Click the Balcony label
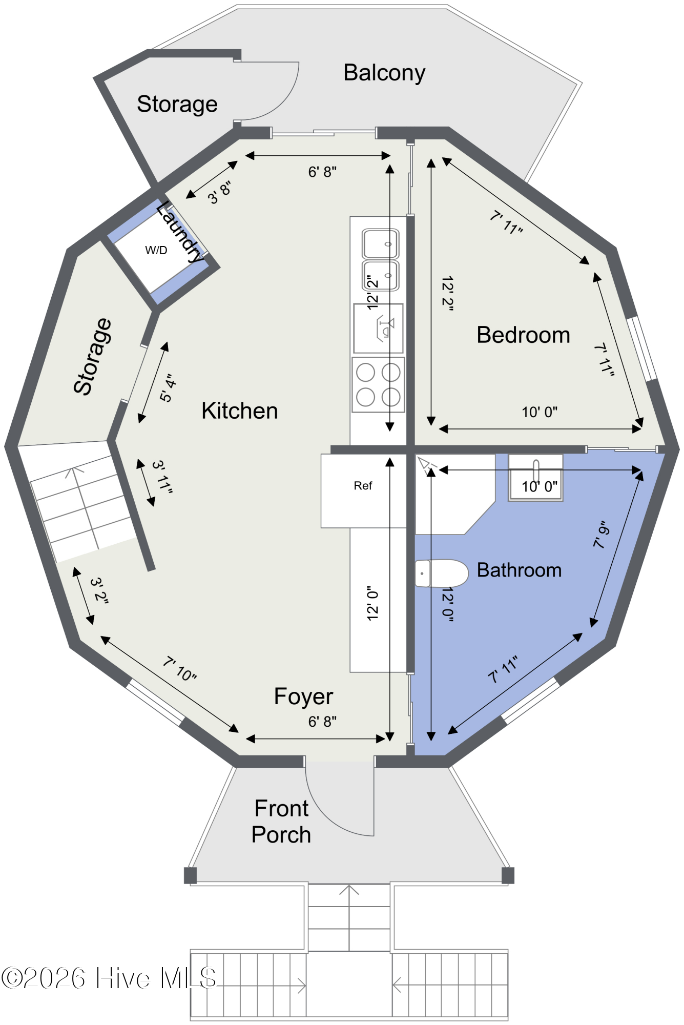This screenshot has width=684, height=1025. pyautogui.click(x=384, y=73)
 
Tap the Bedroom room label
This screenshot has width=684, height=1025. pyautogui.click(x=523, y=335)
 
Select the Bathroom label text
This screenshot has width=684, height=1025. pyautogui.click(x=519, y=570)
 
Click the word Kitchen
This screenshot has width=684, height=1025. pyautogui.click(x=239, y=411)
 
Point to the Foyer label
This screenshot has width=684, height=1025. pyautogui.click(x=303, y=696)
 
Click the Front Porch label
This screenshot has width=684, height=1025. pyautogui.click(x=281, y=822)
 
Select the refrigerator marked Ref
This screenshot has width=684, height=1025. pyautogui.click(x=363, y=490)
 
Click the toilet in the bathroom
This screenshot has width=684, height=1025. pyautogui.click(x=441, y=573)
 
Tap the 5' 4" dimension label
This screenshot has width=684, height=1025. pyautogui.click(x=168, y=388)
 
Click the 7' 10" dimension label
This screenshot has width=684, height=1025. pyautogui.click(x=180, y=669)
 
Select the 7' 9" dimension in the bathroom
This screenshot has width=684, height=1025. pyautogui.click(x=602, y=535)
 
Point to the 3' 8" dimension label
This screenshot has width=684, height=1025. pyautogui.click(x=219, y=192)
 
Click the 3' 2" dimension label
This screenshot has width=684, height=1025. pyautogui.click(x=99, y=591)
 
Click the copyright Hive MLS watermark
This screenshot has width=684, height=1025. pyautogui.click(x=109, y=978)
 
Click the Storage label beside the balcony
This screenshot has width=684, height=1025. pyautogui.click(x=177, y=105)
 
